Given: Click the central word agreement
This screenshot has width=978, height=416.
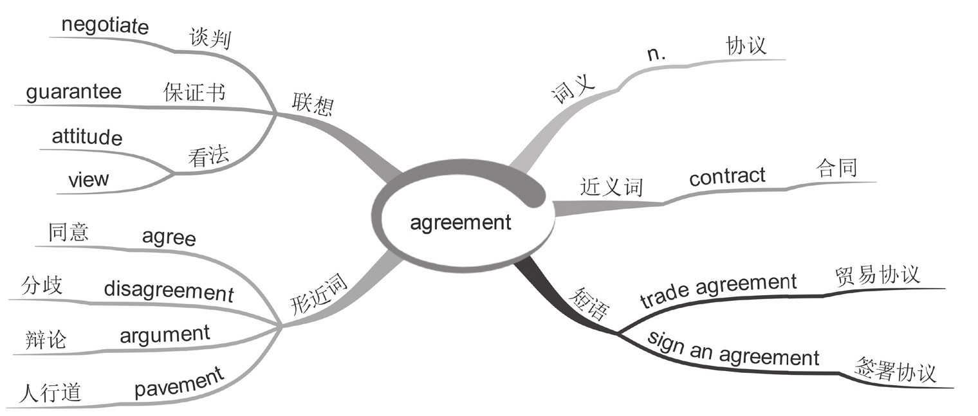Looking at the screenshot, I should pyautogui.click(x=461, y=222).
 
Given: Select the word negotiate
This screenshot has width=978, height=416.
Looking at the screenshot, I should pyautogui.click(x=105, y=27).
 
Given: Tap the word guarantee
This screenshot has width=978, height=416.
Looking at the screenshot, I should pyautogui.click(x=73, y=92).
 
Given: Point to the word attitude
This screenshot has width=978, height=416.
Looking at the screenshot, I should pyautogui.click(x=87, y=137).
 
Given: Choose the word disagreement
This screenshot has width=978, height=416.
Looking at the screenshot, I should pyautogui.click(x=169, y=291).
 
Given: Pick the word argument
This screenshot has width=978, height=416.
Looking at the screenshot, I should pyautogui.click(x=165, y=334).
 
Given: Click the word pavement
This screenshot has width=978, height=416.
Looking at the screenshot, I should pyautogui.click(x=180, y=382).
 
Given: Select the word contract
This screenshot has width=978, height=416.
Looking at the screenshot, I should pyautogui.click(x=727, y=176).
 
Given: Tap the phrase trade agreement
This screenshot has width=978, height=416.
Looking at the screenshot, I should pyautogui.click(x=719, y=290).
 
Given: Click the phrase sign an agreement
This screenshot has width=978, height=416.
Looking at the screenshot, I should pyautogui.click(x=733, y=350).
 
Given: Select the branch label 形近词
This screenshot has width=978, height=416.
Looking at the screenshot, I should pyautogui.click(x=319, y=298).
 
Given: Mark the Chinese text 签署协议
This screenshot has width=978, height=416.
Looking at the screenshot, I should pyautogui.click(x=895, y=372).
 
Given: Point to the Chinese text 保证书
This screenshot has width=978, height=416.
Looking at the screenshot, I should pyautogui.click(x=194, y=93).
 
